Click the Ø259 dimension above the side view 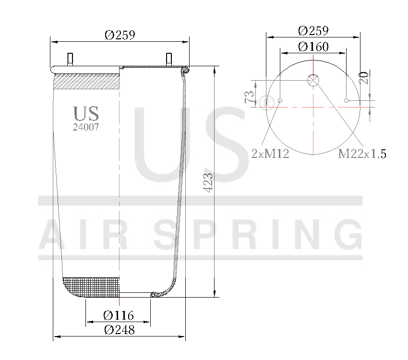pos(120,35)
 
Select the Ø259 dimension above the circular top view pos(313,31)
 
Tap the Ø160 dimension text pos(313,47)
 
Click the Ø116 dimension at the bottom pos(119,316)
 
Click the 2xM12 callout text pos(270,154)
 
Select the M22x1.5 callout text pos(362,154)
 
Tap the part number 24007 pos(86,127)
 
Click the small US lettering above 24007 pos(86,113)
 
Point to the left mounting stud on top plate pos(70,59)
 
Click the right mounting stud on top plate pos(169,59)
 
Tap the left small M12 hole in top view pos(280,101)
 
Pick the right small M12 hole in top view pos(346,101)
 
